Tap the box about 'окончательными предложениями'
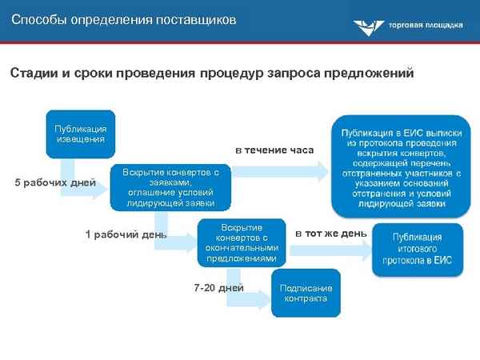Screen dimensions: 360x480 241,243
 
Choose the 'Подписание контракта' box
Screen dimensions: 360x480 305,293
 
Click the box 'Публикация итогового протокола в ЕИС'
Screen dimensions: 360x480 416,249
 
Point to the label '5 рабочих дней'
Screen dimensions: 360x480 56,183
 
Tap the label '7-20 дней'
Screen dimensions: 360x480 219,287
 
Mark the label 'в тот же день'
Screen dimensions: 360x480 331,234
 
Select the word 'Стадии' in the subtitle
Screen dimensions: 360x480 33,74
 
